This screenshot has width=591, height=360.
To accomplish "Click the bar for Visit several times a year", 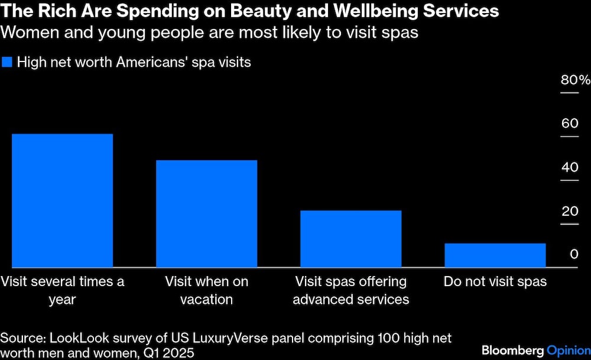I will (62, 201).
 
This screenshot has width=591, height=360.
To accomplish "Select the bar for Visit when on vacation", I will (206, 214).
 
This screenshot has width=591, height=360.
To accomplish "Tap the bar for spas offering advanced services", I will (350, 239).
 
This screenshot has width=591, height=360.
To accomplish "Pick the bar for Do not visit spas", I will (495, 255).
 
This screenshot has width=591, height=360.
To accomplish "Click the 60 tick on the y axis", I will (569, 124).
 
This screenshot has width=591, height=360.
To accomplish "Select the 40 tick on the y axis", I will (569, 168).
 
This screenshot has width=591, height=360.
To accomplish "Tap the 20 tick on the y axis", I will (569, 212).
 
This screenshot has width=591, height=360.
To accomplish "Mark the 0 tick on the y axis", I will (574, 255).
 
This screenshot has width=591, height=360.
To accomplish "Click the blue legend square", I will (7, 62).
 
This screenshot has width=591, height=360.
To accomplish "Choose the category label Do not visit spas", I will (495, 281).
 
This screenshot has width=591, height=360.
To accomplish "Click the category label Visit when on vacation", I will (206, 290).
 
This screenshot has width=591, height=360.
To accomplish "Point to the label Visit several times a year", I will (62, 290).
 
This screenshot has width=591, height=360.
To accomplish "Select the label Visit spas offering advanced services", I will (350, 290).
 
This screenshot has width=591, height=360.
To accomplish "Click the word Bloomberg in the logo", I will (511, 350).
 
